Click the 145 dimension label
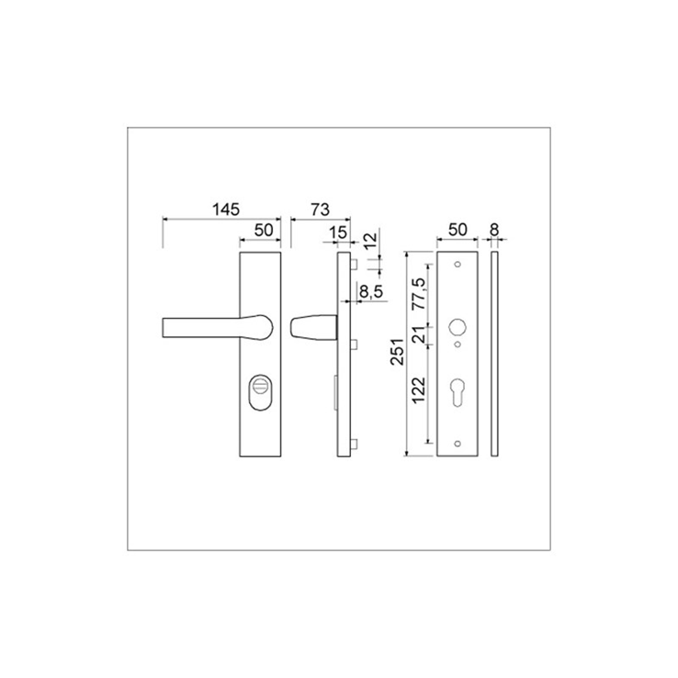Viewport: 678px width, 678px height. pos(226,209)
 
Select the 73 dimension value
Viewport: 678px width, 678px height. pos(321,209)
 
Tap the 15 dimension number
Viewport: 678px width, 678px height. pos(338,232)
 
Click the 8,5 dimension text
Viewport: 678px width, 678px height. pos(371,292)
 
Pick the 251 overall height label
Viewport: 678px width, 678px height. pos(398,352)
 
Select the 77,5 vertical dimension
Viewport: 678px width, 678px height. pos(419,294)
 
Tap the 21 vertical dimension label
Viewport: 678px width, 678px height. pos(419,334)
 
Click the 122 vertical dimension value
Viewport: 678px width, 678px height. pos(419,390)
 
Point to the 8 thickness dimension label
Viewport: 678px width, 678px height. pos(494,230)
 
